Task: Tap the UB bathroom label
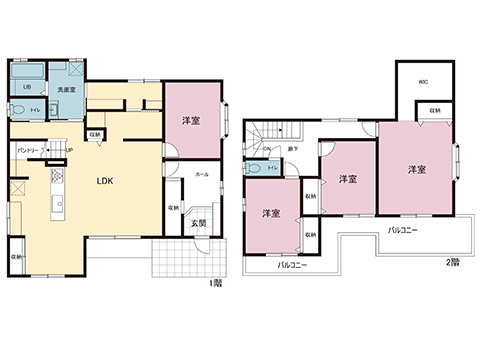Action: click(27, 87)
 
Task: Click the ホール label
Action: click(202, 173)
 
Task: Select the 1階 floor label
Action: click(216, 284)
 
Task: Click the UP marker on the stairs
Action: click(68, 151)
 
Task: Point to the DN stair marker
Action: click(266, 150)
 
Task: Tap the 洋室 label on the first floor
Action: click(191, 119)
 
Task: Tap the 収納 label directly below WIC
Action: click(436, 109)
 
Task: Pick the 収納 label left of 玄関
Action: click(174, 207)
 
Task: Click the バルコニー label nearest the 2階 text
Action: click(403, 231)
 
